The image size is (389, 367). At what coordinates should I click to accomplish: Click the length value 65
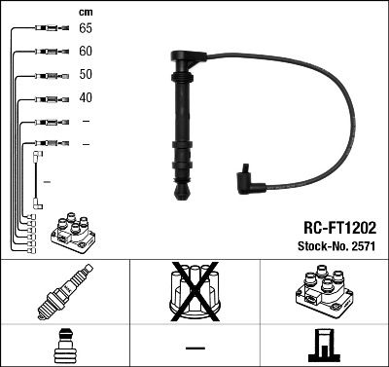pos(86,28)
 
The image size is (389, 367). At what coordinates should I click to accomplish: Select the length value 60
pos(86,51)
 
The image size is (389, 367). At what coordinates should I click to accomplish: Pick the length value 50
pos(86,75)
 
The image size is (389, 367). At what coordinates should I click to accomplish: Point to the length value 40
pos(86,98)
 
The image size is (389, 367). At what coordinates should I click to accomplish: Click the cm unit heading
pos(85,11)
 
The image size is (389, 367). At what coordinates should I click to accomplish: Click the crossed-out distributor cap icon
pos(194,293)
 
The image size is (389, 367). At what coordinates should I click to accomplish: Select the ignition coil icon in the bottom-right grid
pos(324,293)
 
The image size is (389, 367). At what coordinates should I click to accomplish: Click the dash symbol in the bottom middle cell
pos(194,347)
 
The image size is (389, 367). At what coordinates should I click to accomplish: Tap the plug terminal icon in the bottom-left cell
pos(64,346)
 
